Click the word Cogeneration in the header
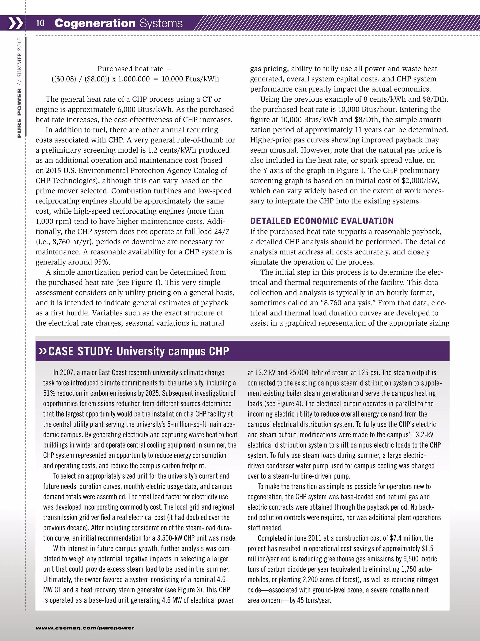coord(95,23)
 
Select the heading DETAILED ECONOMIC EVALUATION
coord(322,221)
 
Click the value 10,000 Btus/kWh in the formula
coord(190,79)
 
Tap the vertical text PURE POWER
coord(19,113)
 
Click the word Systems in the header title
coord(161,23)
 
